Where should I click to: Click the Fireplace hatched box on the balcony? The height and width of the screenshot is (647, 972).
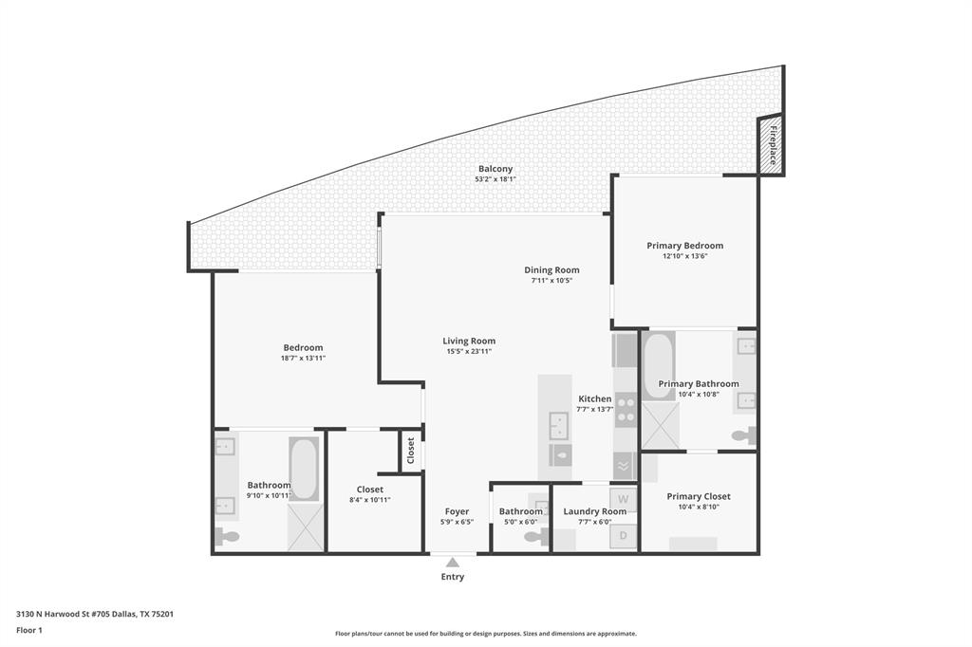[771, 145]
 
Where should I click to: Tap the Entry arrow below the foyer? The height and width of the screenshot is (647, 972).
[453, 563]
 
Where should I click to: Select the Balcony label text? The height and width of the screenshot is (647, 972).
[495, 169]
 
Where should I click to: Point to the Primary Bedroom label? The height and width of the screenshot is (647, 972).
[685, 246]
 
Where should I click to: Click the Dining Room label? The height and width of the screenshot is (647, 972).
[551, 270]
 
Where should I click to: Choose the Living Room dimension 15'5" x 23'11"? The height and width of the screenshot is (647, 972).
[469, 351]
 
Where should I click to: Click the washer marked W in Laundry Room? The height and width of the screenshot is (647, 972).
[624, 499]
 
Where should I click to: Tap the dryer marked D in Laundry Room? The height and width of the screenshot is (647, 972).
[624, 535]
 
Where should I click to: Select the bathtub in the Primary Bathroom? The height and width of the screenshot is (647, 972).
[659, 366]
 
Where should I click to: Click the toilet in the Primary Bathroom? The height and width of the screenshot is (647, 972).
[743, 436]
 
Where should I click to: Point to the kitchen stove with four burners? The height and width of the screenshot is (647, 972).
[626, 410]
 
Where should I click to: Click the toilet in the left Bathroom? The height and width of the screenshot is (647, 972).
[228, 537]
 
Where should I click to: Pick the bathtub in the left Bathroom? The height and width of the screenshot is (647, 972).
[304, 469]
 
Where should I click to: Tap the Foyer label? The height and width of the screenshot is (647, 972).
[457, 511]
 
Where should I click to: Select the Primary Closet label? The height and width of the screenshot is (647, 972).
[699, 496]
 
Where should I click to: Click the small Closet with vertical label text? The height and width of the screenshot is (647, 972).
[411, 451]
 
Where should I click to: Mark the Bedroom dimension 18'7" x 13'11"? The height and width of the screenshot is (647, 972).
[303, 358]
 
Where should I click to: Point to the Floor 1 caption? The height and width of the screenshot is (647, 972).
[29, 630]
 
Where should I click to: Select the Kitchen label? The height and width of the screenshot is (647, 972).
[595, 399]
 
